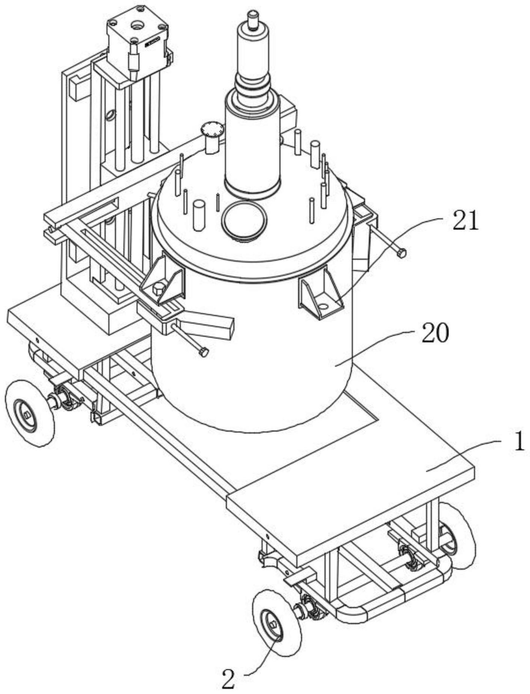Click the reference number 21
click(x=465, y=221)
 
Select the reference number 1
click(x=519, y=442)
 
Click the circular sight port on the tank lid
click(x=244, y=220)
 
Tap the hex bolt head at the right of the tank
click(x=401, y=254)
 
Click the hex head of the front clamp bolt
click(x=203, y=352)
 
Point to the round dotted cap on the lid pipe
click(x=212, y=129)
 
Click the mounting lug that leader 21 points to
click(x=321, y=293)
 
